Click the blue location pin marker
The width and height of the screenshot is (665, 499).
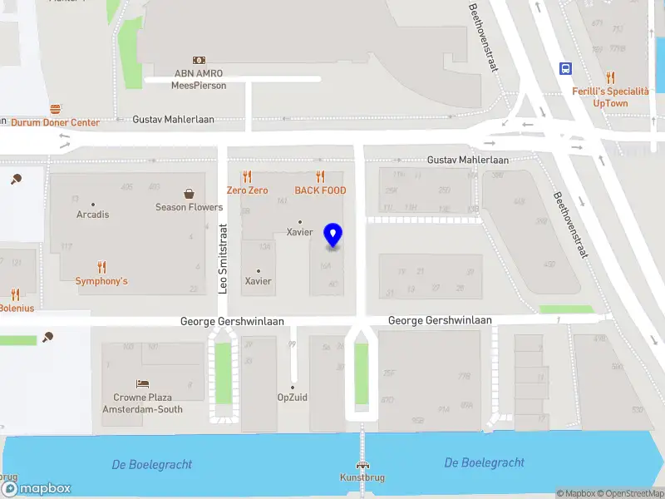tap(332, 236)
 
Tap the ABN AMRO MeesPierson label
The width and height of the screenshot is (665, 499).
tap(199, 79)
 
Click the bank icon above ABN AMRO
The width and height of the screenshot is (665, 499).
tap(199, 60)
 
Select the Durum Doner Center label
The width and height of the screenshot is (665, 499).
tap(55, 122)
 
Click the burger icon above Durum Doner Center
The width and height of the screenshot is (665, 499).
tap(55, 109)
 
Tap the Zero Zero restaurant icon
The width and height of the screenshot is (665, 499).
tap(247, 176)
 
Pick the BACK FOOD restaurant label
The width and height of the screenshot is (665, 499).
tap(319, 190)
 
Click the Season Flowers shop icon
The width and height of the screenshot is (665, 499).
tap(190, 193)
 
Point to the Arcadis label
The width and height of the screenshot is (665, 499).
tap(92, 215)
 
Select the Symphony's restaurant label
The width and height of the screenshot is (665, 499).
tap(101, 281)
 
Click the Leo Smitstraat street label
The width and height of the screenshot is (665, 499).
tap(223, 259)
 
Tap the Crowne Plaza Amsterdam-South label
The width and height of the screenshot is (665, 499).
tap(142, 403)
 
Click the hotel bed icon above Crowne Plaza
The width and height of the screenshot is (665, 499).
tap(143, 384)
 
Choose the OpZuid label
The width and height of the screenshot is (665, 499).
tap(293, 398)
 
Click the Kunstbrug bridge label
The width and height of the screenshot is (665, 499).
tap(362, 477)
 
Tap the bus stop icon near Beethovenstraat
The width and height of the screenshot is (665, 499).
tap(565, 69)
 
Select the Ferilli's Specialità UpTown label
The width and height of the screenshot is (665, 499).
tap(610, 97)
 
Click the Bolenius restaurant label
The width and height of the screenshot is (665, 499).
tap(17, 309)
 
